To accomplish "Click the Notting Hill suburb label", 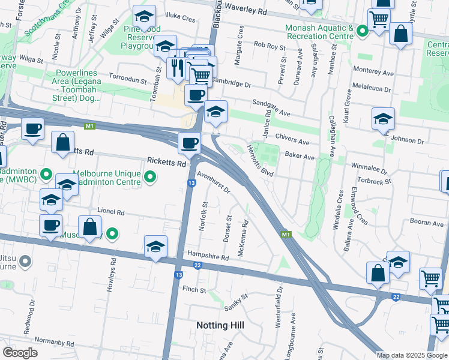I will (x=220, y=325).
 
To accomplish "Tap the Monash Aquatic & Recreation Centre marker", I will (x=363, y=30).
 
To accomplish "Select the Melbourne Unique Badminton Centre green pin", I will (x=151, y=178).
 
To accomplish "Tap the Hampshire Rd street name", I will (x=208, y=257).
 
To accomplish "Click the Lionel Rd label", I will (x=111, y=212).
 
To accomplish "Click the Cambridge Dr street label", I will (x=231, y=84).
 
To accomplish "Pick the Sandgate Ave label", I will (x=271, y=108).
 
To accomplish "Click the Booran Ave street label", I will (x=427, y=223).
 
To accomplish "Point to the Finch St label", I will (x=194, y=290).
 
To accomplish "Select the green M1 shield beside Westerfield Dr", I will (x=286, y=234).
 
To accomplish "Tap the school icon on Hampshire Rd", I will (x=155, y=246).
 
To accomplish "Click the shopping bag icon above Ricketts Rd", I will (x=63, y=143).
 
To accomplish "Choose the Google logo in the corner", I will (x=20, y=352).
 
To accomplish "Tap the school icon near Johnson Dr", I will (x=383, y=119).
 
